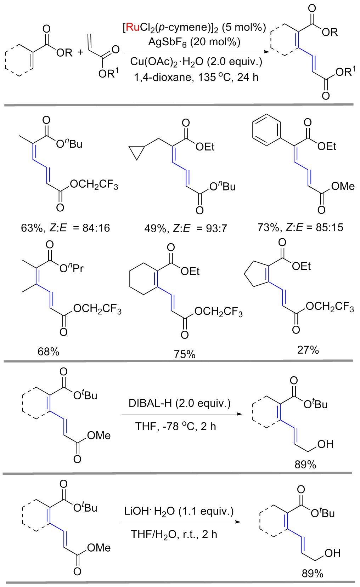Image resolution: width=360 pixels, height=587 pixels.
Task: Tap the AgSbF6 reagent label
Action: pos(167,42)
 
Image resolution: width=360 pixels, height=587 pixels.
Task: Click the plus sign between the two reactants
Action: pos(80,52)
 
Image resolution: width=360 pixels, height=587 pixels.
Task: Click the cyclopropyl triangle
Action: pos(138,152)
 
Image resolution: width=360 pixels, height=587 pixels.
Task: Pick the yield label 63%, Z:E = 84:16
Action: pos(66,228)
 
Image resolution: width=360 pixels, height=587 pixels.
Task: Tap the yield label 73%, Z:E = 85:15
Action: pos(300,227)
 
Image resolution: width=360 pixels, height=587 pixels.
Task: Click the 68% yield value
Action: pos(49,352)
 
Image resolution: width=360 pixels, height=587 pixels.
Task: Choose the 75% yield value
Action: pos(184,354)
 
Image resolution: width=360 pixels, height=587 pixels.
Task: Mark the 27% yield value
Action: pos(308,350)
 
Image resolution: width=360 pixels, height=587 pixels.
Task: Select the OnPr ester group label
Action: pos(72,268)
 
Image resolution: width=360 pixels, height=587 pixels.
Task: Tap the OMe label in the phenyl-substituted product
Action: pos(343,186)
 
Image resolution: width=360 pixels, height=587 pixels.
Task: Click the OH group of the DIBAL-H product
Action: pos(325,444)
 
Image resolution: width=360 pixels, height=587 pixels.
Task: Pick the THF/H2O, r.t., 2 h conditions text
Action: pos(174,534)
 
